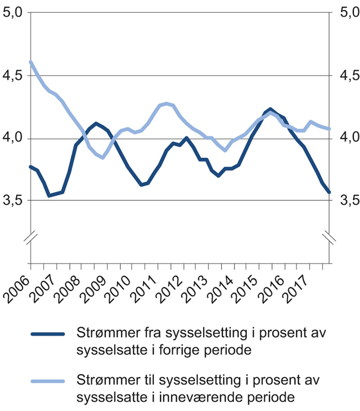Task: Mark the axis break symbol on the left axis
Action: pyautogui.click(x=31, y=237)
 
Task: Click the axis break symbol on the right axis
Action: pyautogui.click(x=329, y=237)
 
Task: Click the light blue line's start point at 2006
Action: pyautogui.click(x=31, y=62)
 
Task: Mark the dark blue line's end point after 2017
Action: pyautogui.click(x=329, y=192)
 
